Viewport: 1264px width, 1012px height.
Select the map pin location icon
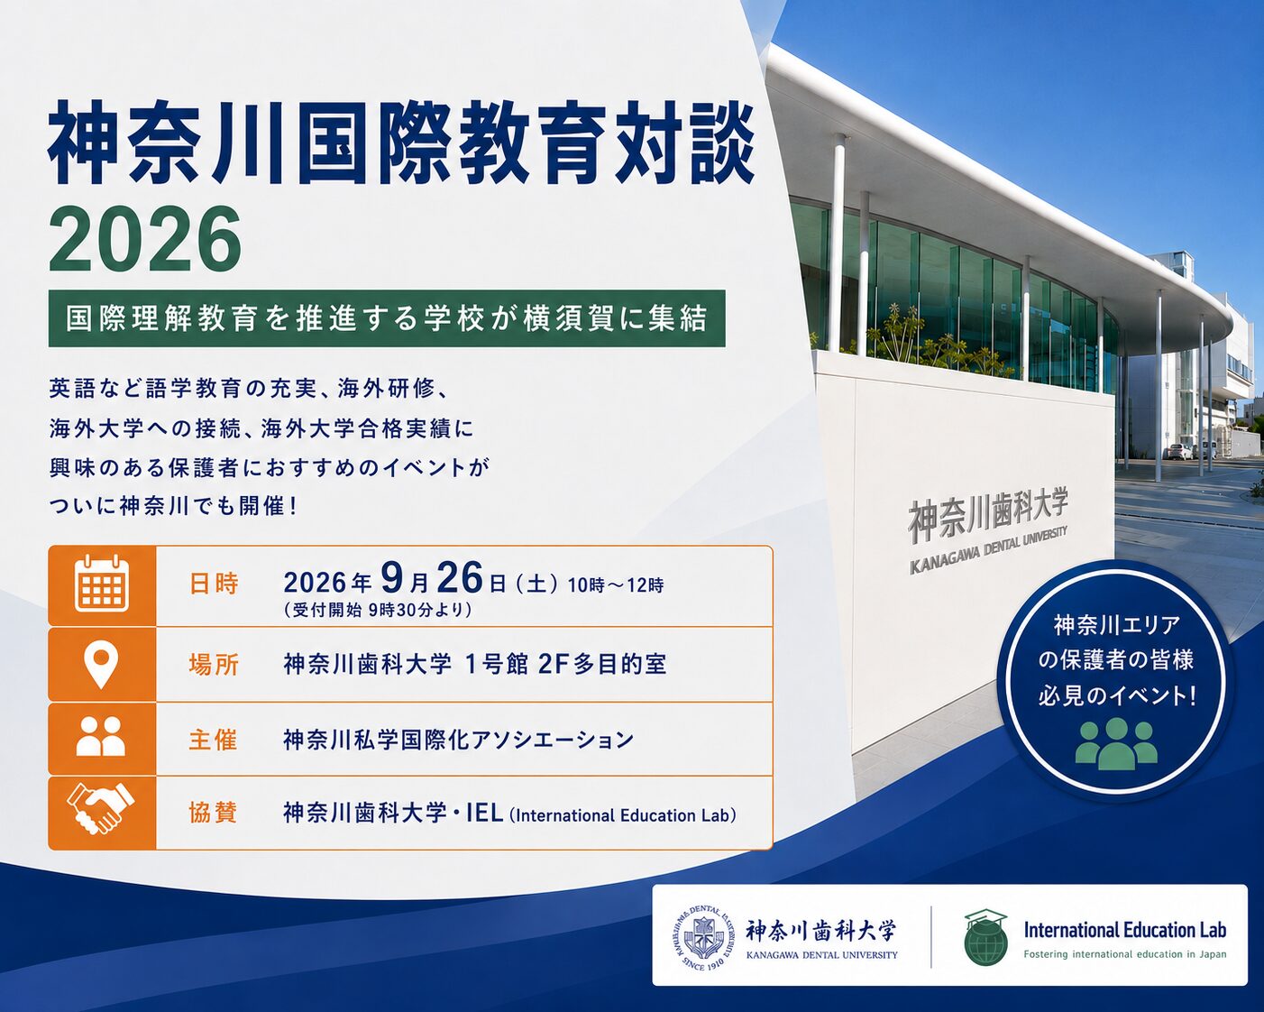point(101,664)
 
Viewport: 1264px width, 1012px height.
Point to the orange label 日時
point(213,584)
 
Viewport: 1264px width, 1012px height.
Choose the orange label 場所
point(213,665)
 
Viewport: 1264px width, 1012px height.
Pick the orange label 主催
point(213,740)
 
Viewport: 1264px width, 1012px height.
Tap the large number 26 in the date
point(460,578)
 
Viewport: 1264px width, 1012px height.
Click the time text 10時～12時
point(616,585)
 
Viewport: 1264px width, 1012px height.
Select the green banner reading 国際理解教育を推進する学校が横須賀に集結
point(387,317)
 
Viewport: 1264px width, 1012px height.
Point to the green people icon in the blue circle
point(1116,743)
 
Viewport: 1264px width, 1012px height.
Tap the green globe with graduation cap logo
point(985,937)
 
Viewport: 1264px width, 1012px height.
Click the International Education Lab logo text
point(1125,930)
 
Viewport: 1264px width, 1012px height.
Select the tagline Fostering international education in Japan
point(1125,954)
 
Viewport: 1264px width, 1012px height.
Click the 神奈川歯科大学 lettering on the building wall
point(988,515)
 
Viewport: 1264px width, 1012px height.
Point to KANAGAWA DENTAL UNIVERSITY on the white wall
point(988,550)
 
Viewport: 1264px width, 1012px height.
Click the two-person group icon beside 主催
point(101,736)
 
